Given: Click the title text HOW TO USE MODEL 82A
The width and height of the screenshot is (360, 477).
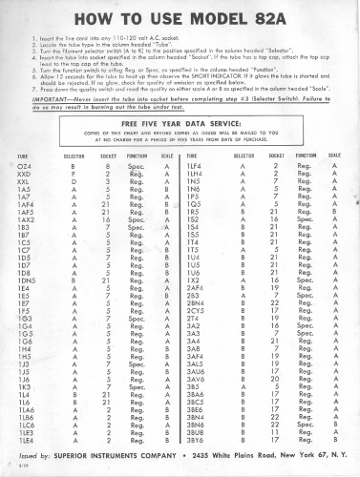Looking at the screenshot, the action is [x=180, y=18].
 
